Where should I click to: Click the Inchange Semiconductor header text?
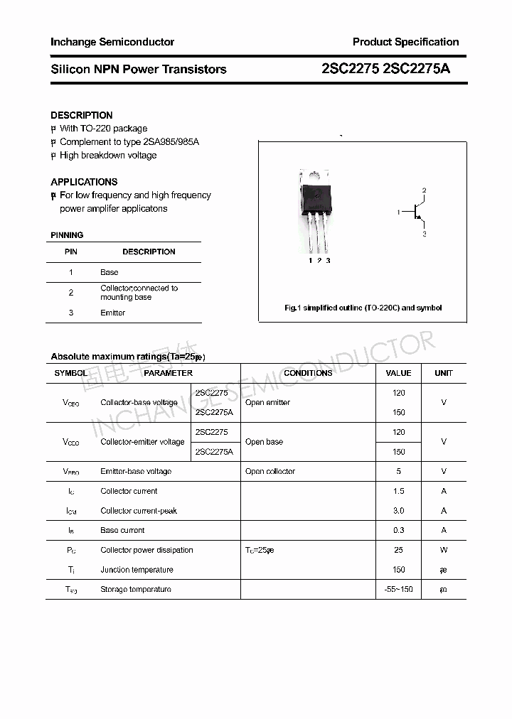112,42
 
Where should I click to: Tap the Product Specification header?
405,42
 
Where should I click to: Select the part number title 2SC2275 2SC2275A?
385,69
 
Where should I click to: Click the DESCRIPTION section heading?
82,115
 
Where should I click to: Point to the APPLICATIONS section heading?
84,182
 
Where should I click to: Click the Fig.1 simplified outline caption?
363,308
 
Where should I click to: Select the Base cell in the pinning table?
110,272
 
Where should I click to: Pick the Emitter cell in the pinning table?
112,313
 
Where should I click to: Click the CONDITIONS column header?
308,373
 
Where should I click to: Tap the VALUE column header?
398,373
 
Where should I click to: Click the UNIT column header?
444,373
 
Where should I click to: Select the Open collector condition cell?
270,471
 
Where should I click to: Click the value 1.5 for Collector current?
398,491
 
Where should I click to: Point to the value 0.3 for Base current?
398,530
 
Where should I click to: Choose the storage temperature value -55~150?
398,589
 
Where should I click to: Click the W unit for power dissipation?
444,550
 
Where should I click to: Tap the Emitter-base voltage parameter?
136,471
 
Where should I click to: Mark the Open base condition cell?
264,442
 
